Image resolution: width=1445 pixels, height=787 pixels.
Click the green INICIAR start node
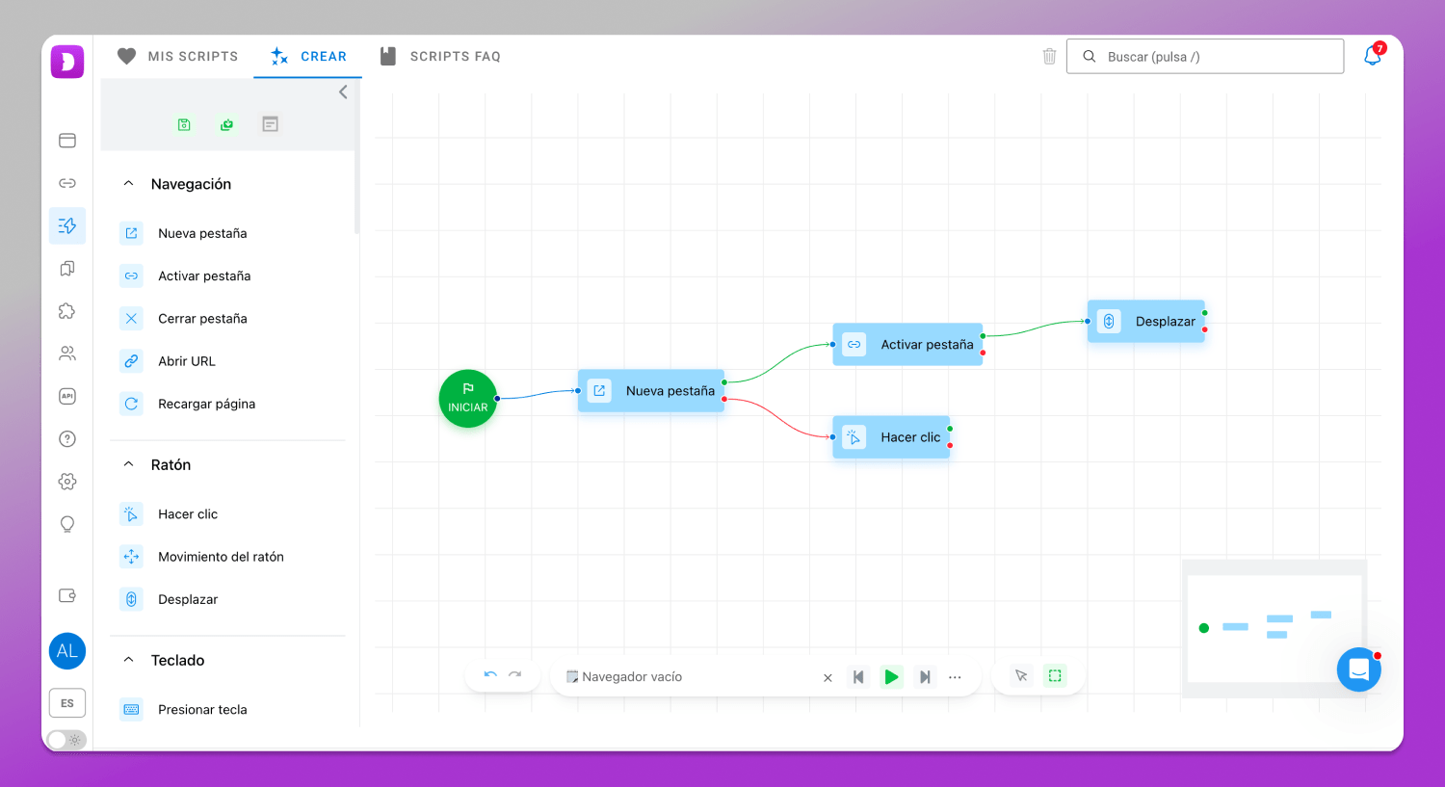point(467,398)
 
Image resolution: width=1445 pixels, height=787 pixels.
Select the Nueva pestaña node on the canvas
point(651,390)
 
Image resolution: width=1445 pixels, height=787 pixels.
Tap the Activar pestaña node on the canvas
point(907,345)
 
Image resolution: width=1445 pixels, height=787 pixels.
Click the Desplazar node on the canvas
point(1146,321)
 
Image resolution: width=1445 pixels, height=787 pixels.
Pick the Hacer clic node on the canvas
point(891,437)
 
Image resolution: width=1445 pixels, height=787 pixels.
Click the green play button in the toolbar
point(891,676)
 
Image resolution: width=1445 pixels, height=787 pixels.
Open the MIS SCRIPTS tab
point(178,56)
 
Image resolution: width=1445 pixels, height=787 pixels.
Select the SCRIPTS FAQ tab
point(440,56)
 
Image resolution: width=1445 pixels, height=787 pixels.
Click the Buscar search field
point(1205,56)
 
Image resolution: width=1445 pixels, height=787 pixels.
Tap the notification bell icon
point(1372,56)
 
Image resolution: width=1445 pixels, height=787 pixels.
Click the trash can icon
point(1050,56)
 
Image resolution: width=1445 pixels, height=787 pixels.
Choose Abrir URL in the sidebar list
point(187,361)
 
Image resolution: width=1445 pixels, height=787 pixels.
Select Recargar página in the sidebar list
point(206,404)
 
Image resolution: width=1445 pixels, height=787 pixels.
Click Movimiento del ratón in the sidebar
point(221,557)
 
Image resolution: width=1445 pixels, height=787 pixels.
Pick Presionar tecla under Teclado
point(202,710)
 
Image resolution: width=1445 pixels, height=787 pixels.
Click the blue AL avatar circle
point(67,651)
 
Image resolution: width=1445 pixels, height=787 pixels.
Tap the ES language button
point(67,703)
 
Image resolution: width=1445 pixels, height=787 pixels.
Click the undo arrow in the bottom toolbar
point(490,674)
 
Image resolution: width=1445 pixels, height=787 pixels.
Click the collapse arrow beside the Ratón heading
point(128,464)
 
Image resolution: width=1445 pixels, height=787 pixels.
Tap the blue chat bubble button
point(1358,669)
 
